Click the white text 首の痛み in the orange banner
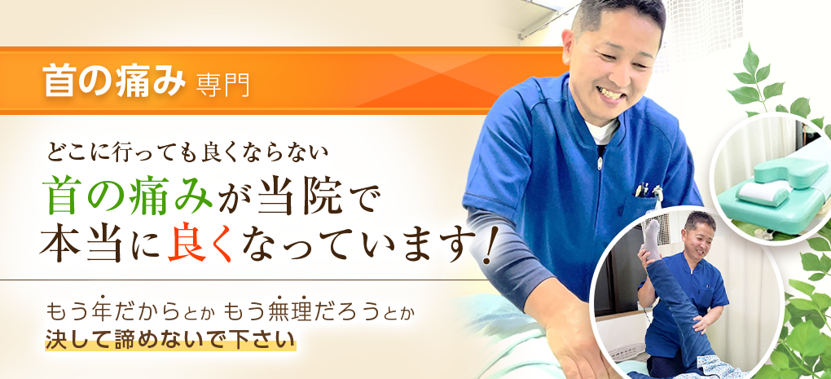point(114,82)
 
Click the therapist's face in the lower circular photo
point(700,236)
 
